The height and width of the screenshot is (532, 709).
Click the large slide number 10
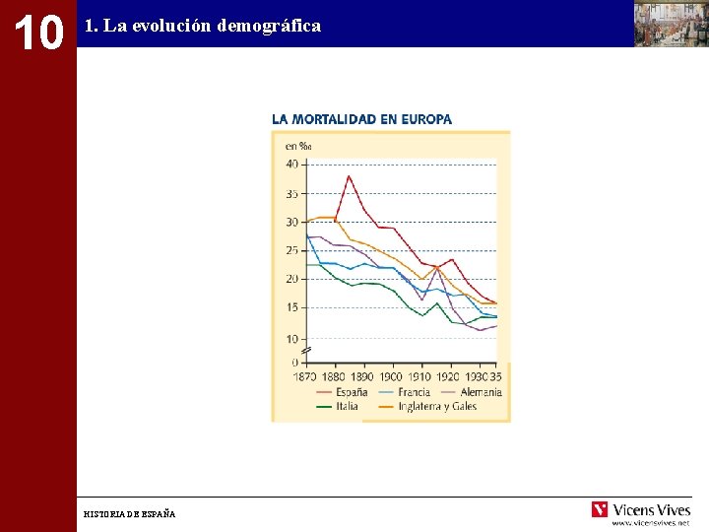click(x=37, y=32)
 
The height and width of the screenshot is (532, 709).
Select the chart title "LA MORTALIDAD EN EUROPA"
click(x=361, y=119)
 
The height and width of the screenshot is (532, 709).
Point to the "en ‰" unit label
click(x=297, y=147)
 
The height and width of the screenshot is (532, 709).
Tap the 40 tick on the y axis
click(x=291, y=165)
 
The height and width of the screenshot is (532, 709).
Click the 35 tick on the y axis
click(x=291, y=193)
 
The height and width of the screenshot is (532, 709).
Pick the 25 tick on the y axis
click(x=291, y=250)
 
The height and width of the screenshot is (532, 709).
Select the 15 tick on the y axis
click(x=291, y=307)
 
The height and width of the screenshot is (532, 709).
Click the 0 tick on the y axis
click(x=294, y=363)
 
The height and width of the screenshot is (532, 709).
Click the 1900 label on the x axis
click(x=391, y=376)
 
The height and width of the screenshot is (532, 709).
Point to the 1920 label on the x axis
click(x=447, y=376)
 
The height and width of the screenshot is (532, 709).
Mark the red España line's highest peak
click(x=349, y=176)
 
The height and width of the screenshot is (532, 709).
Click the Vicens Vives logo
click(x=641, y=510)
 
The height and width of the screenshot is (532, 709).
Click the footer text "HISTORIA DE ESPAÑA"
click(x=130, y=514)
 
